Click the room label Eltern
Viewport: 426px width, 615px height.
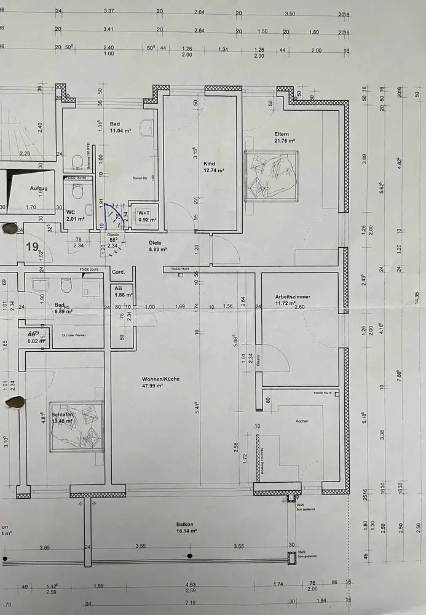pos(282,133)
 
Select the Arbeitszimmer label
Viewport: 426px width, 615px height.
pos(293,296)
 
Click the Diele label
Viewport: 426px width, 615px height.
pos(156,243)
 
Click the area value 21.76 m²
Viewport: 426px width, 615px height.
pos(285,141)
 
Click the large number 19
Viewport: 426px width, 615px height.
pos(32,247)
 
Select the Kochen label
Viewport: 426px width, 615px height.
pos(302,421)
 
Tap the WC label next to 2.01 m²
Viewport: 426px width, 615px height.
pos(70,212)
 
